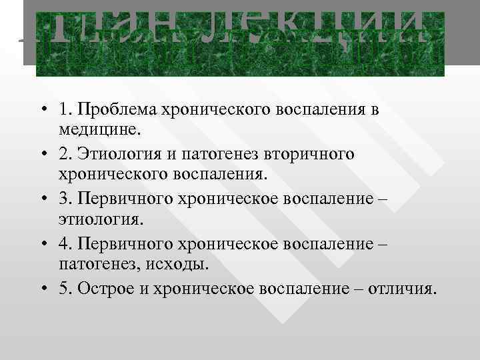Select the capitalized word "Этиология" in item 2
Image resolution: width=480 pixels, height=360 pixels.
[116, 155]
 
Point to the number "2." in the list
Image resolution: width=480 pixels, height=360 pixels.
[65, 155]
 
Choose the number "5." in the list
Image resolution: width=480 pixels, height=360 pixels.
[65, 289]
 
